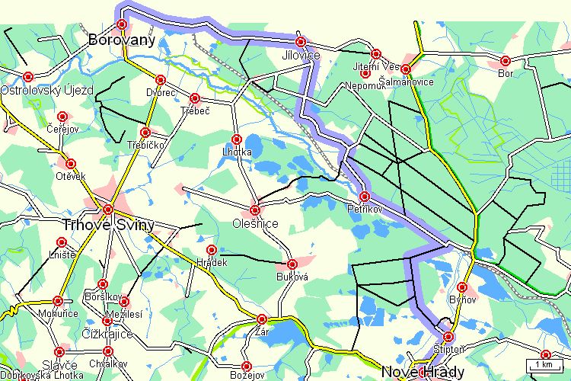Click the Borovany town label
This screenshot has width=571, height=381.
(x=122, y=40)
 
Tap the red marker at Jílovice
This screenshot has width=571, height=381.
(x=301, y=42)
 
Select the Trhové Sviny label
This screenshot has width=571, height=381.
(x=108, y=225)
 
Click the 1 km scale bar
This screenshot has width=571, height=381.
(x=544, y=364)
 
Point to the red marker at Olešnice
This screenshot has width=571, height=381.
(x=255, y=210)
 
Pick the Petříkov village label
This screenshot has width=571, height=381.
(x=363, y=208)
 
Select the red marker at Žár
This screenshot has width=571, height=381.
(x=262, y=319)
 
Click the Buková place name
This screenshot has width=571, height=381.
(x=292, y=277)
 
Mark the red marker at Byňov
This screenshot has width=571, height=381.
(x=461, y=288)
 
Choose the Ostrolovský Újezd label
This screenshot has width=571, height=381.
(x=47, y=90)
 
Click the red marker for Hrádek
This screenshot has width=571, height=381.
(x=212, y=250)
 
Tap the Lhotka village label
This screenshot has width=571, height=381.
(x=237, y=152)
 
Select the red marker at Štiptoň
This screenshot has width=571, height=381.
(x=448, y=336)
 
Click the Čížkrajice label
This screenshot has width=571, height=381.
(x=107, y=335)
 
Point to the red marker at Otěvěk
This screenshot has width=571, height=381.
(x=71, y=164)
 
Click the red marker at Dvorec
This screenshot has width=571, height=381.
(x=161, y=80)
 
